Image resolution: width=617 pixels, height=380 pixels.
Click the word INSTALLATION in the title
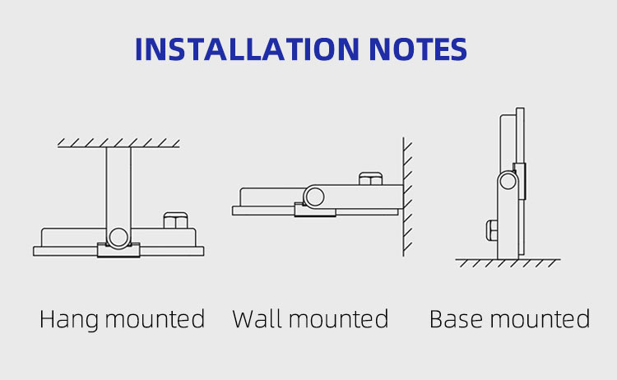[247, 49]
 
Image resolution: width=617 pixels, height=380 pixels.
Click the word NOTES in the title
[418, 49]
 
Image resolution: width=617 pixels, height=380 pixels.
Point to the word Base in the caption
[456, 318]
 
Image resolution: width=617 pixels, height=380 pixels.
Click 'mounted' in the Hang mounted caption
[155, 318]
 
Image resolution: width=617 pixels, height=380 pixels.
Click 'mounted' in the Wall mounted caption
[339, 318]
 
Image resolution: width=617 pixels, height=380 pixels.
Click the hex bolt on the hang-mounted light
[175, 220]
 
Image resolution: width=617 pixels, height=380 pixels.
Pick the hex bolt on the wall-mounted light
[370, 178]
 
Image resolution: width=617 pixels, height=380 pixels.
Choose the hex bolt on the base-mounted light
[492, 230]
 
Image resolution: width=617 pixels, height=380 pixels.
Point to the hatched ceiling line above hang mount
[118, 143]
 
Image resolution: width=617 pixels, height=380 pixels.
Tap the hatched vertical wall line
[406, 197]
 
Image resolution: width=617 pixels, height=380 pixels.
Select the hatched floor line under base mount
[508, 262]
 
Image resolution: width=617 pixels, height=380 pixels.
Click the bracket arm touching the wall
[354, 197]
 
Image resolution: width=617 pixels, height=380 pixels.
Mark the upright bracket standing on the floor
[508, 215]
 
